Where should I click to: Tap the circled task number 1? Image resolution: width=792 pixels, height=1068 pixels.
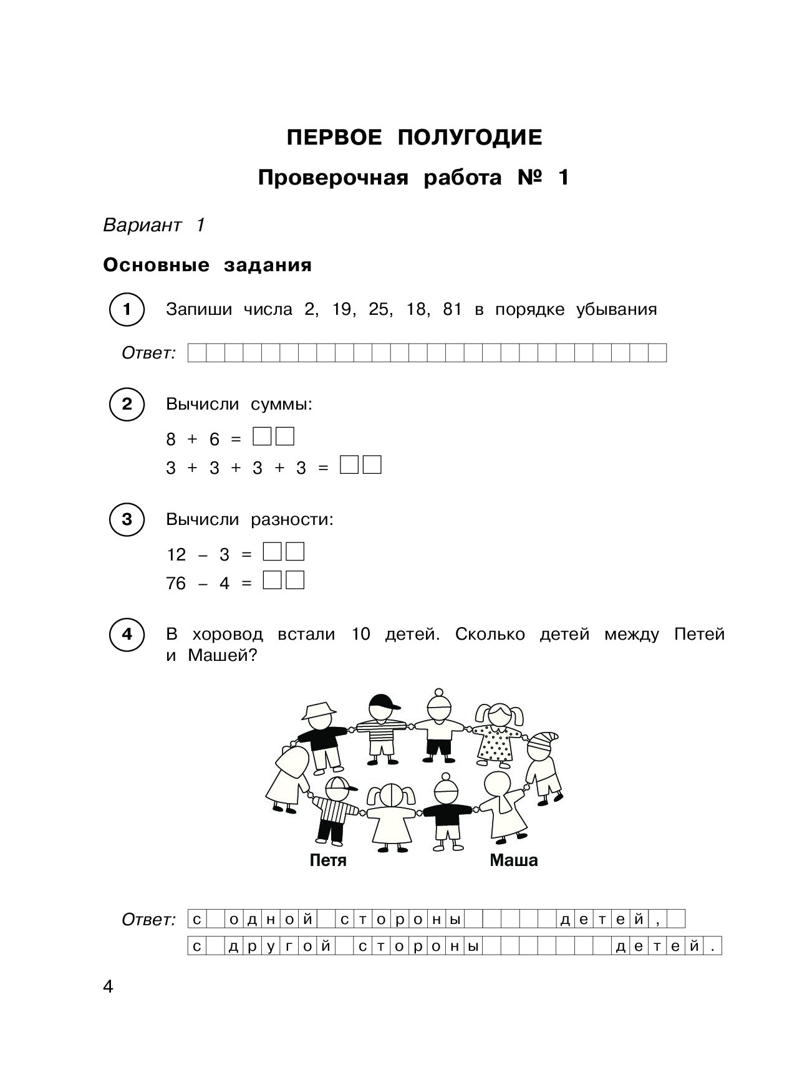click(127, 309)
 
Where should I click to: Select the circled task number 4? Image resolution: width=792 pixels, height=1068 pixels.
click(127, 635)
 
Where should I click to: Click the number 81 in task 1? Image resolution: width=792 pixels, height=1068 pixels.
click(452, 310)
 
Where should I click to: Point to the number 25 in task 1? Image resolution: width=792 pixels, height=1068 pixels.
click(379, 310)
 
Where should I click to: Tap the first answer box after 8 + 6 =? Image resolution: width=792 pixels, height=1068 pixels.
click(263, 436)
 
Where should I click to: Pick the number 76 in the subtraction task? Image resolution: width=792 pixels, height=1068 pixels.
click(176, 584)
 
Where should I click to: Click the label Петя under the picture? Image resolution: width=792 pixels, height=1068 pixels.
click(328, 860)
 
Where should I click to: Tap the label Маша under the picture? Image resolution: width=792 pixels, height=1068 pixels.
click(513, 860)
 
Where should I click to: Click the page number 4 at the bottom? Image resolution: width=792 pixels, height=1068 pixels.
click(108, 988)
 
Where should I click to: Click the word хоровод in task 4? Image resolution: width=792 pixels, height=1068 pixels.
click(228, 635)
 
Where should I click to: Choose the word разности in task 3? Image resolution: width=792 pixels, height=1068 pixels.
click(292, 520)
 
